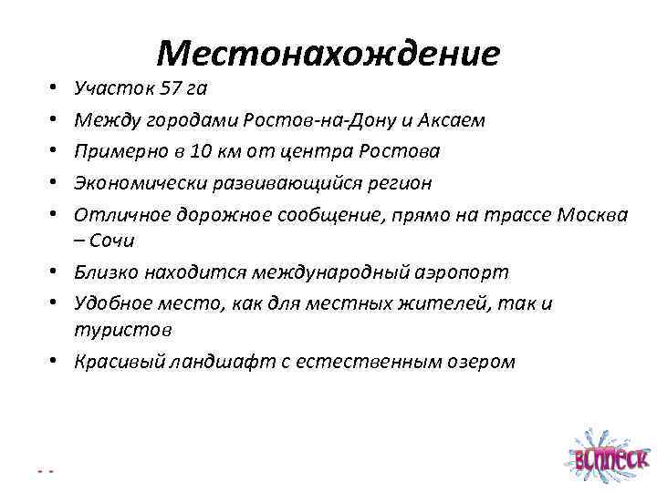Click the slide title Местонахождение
click(x=328, y=54)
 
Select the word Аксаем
click(x=454, y=120)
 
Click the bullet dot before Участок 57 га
click(x=56, y=89)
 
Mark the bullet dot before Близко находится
click(x=56, y=272)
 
